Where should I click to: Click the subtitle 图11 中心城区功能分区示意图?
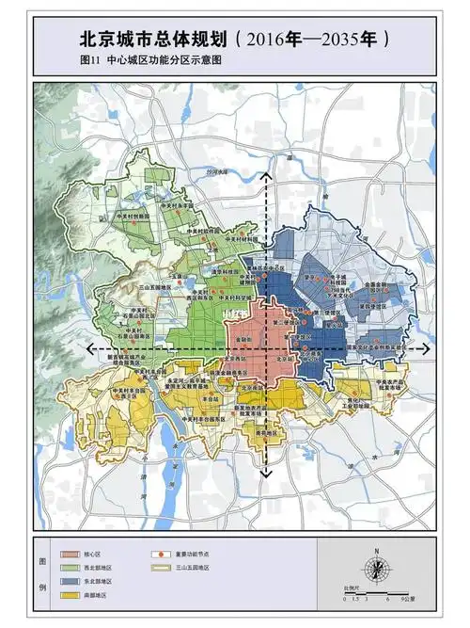[x=155, y=61]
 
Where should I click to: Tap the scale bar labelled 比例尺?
[x=376, y=590]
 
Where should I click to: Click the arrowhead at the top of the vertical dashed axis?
[x=266, y=175]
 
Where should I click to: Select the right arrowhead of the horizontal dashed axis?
[x=429, y=348]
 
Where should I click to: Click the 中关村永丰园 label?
[x=174, y=203]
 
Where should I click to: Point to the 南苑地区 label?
[x=266, y=433]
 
